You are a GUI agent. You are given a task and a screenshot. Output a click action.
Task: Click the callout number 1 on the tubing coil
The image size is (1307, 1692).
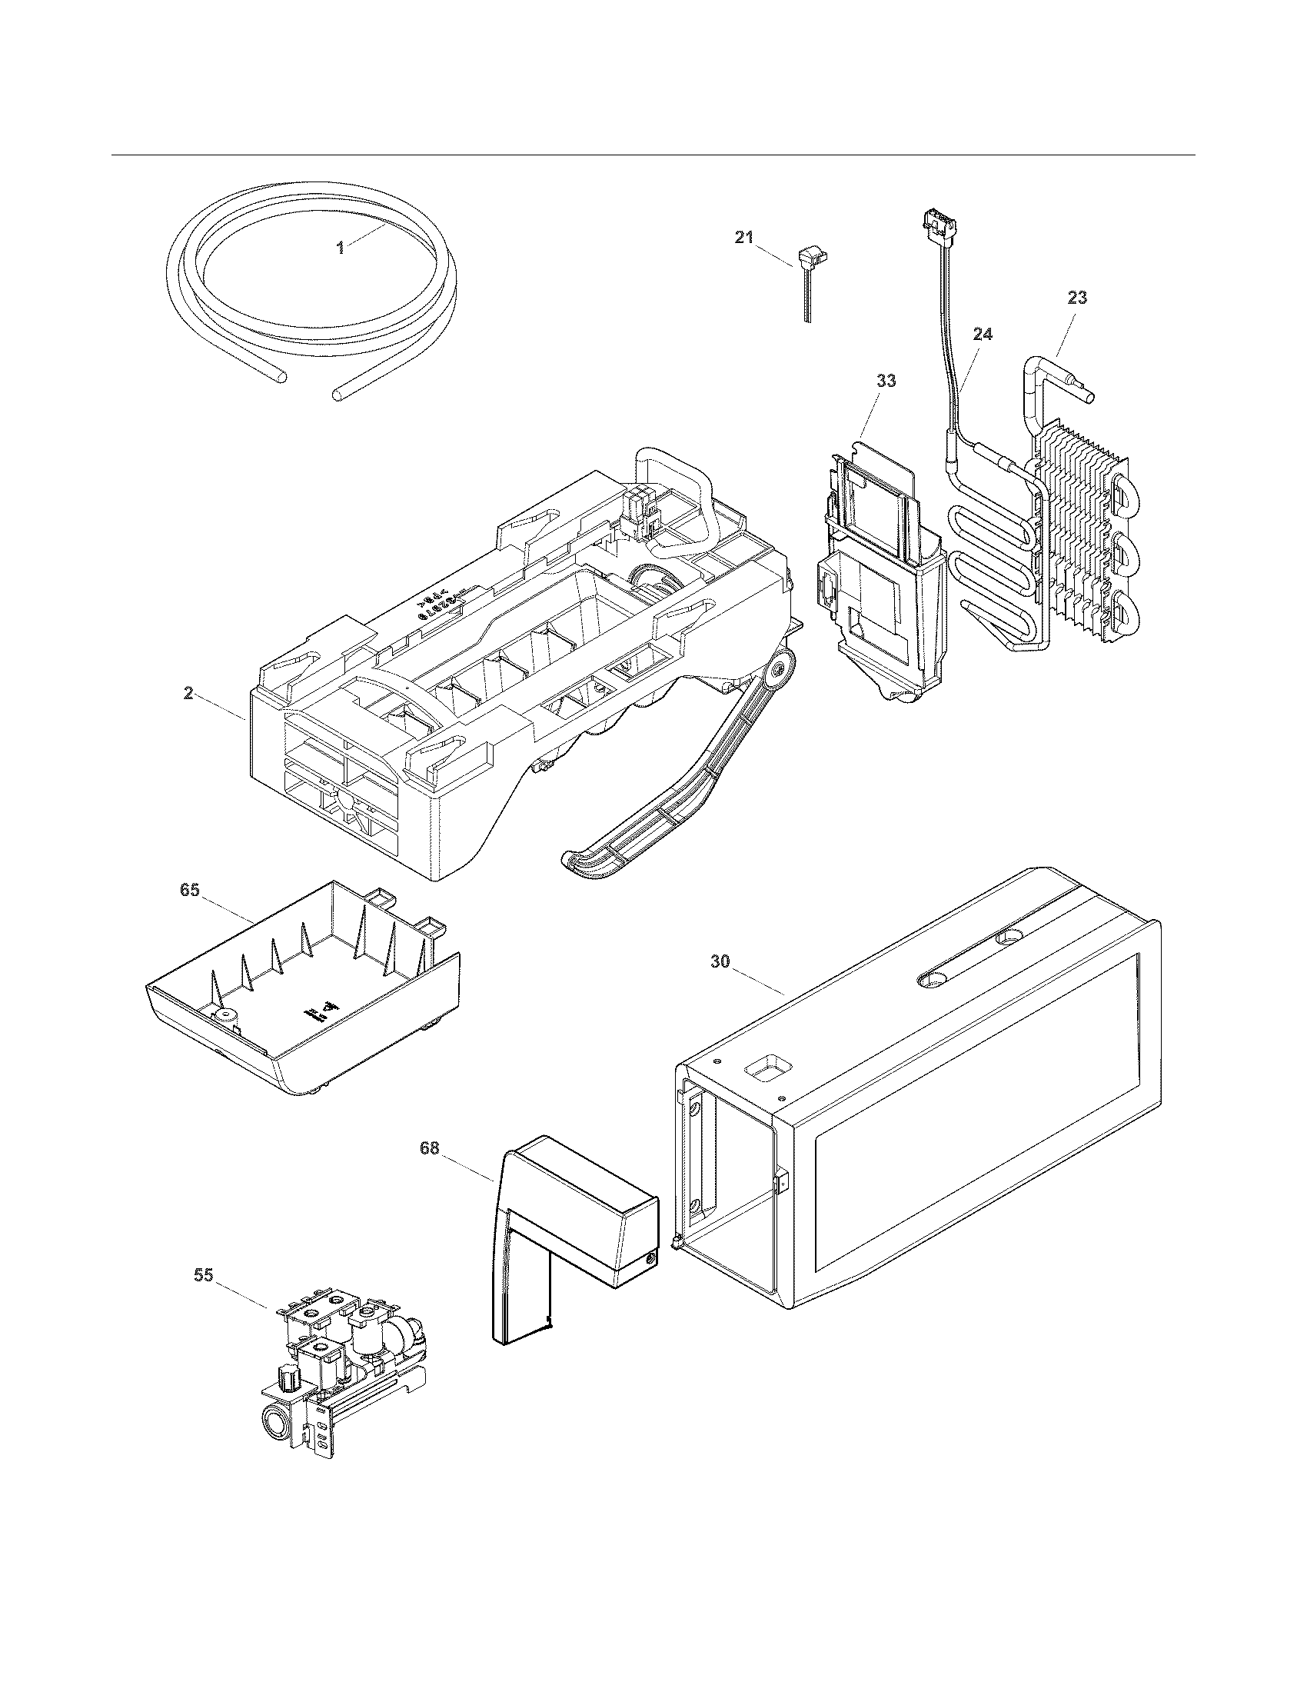(x=339, y=248)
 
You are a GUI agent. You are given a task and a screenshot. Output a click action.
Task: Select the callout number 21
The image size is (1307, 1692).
(x=743, y=238)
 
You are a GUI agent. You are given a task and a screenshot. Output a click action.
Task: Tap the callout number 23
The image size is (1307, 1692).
(x=1077, y=298)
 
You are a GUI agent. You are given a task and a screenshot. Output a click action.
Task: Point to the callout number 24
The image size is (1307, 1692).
(x=983, y=335)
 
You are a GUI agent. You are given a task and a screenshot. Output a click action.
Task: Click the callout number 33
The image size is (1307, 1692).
(x=886, y=381)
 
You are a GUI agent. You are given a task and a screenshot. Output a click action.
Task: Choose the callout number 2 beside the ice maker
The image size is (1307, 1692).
(x=188, y=694)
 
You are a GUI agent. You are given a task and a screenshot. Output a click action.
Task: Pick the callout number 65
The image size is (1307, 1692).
(x=190, y=890)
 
